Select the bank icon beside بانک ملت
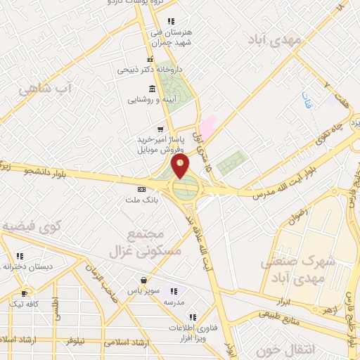141,189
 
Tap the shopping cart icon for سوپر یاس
144,279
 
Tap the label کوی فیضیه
32,226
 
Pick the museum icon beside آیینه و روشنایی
153,88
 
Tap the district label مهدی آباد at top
276,40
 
